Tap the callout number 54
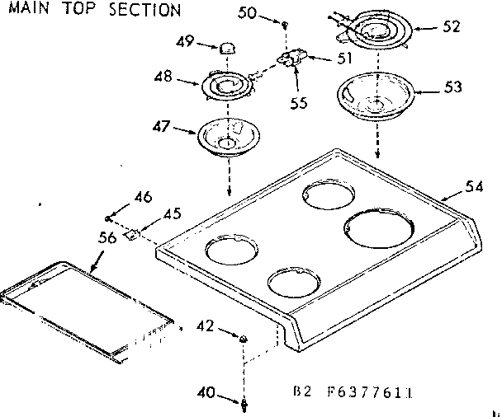pos(472,187)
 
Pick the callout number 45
pos(172,213)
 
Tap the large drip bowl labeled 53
pos(376,98)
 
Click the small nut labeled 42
pos(244,339)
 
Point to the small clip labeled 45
pos(130,235)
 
